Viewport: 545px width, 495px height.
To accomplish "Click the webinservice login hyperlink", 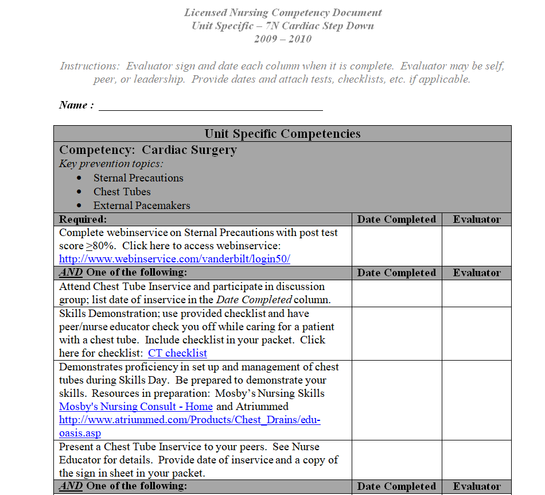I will [174, 259].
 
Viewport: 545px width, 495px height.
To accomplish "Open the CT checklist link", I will [177, 353].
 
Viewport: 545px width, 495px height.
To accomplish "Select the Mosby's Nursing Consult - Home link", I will [136, 407].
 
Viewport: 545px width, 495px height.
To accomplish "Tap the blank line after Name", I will [211, 106].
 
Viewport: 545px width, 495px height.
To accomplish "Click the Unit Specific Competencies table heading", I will [282, 134].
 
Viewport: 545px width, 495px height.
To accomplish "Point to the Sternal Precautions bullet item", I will [138, 178].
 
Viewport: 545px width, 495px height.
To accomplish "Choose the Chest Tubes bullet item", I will [122, 192].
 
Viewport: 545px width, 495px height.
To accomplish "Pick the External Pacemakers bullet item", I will [142, 206].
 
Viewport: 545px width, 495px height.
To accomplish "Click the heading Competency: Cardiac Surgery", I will [148, 150].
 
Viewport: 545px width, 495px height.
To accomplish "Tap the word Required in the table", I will [83, 219].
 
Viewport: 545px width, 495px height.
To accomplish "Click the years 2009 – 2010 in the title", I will [283, 39].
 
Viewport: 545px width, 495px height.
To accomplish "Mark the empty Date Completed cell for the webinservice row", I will [396, 246].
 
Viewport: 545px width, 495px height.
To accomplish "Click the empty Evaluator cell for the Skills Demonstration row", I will [476, 334].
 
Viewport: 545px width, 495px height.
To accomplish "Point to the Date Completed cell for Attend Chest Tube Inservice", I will [396, 293].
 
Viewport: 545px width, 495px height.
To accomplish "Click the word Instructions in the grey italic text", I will [91, 66].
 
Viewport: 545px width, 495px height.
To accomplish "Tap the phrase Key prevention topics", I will [111, 164].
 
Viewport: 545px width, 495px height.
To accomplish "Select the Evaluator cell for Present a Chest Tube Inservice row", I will [476, 460].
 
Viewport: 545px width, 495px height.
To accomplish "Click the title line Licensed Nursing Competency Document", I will [283, 13].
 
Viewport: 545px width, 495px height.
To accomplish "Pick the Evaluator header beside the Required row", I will [476, 219].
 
